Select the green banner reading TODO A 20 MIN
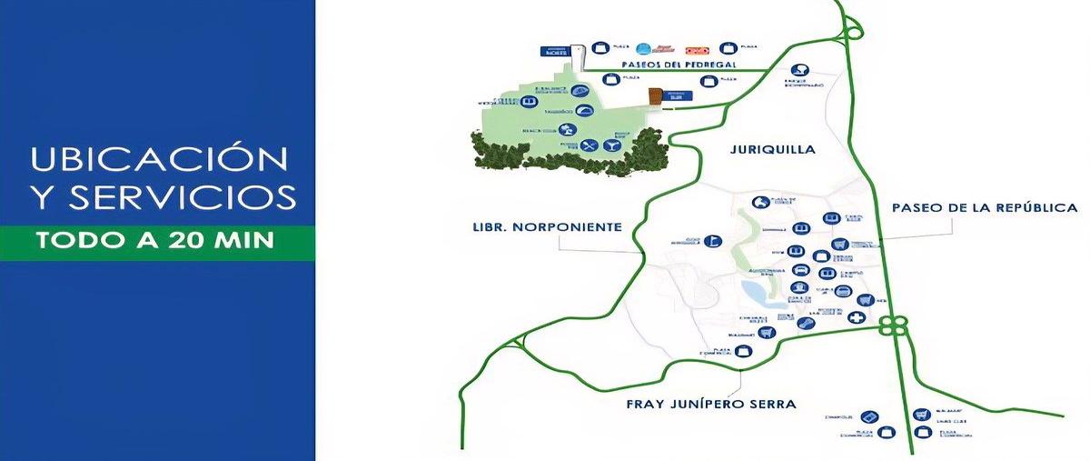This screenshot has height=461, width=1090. tap(157, 242)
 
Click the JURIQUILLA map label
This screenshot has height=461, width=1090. tap(772, 149)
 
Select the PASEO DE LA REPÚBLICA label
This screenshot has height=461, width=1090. tap(985, 207)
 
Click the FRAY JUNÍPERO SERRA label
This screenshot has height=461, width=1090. tap(712, 403)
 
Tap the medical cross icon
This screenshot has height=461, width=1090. tap(856, 317)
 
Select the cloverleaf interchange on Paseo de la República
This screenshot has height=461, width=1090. tap(891, 325)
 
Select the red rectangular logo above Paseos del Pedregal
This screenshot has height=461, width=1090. tap(696, 49)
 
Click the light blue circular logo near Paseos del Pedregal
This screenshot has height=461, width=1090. tap(644, 49)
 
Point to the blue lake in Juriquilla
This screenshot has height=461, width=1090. tap(754, 293)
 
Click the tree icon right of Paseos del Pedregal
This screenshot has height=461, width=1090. tap(801, 69)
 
